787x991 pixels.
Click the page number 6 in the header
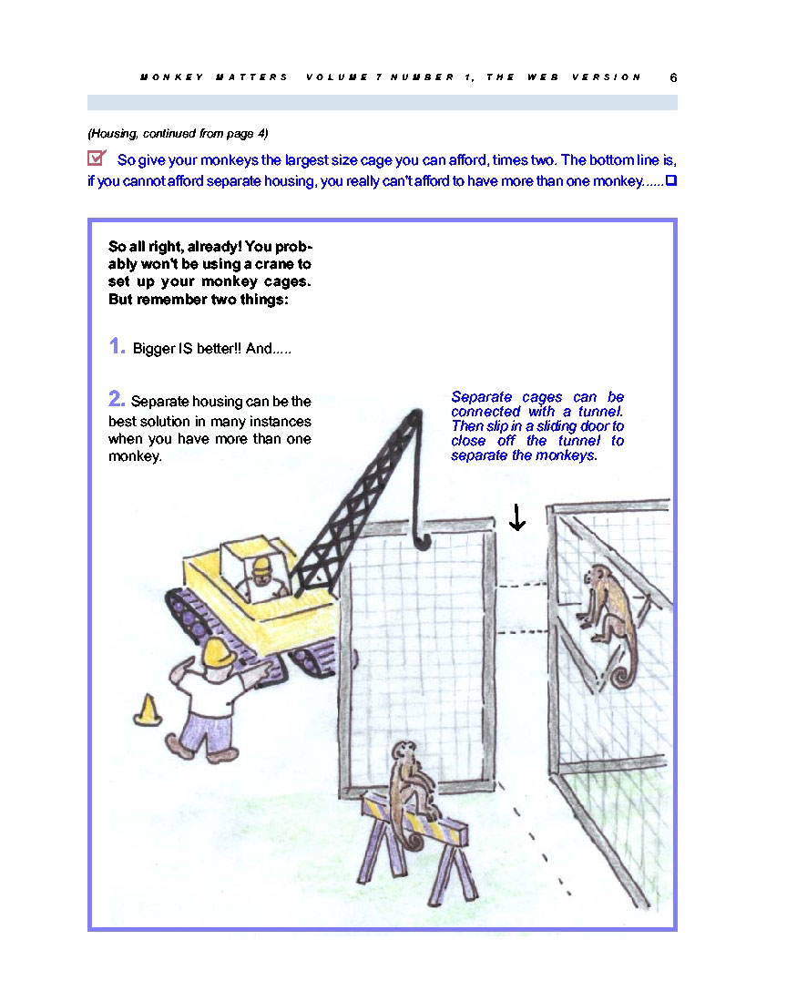point(673,77)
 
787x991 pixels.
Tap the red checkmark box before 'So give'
point(97,158)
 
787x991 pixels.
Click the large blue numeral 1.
point(117,346)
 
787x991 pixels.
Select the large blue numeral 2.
point(117,398)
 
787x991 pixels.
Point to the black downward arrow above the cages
point(516,516)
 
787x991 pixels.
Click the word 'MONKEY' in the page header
point(164,77)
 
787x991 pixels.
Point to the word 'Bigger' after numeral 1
point(152,349)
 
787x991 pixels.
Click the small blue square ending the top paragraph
point(671,181)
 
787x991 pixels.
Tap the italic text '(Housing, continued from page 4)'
point(178,133)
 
